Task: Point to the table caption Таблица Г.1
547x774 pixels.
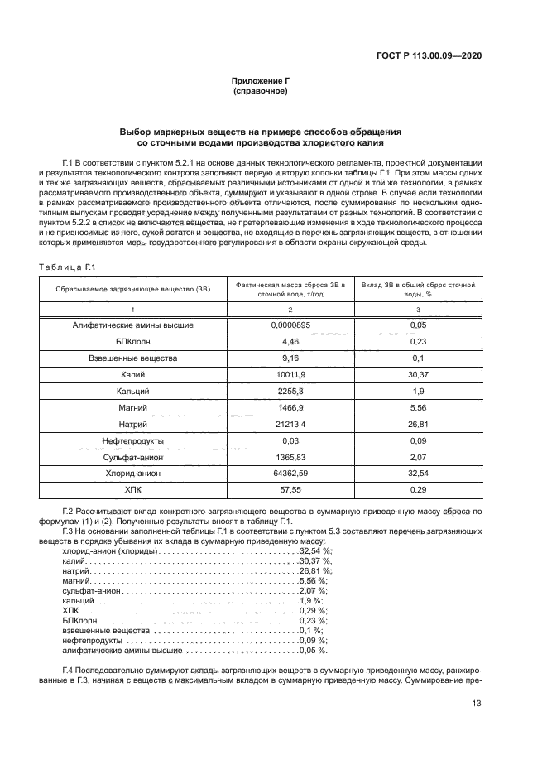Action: tap(68, 266)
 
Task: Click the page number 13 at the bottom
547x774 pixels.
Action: tap(477, 704)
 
